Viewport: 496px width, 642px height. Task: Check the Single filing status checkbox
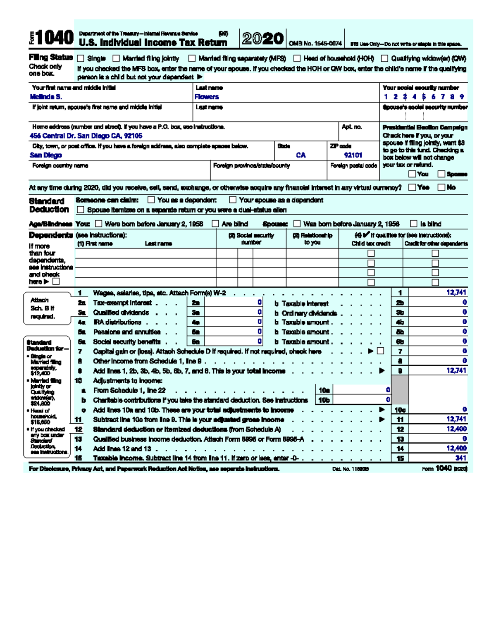(81, 59)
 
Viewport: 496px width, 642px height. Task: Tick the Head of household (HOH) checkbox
(297, 59)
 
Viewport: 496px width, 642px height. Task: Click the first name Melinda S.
(46, 97)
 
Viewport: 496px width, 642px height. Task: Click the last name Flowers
(207, 97)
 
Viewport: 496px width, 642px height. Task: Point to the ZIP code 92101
(353, 155)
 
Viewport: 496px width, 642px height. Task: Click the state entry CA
(301, 155)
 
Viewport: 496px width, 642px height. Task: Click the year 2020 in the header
(263, 39)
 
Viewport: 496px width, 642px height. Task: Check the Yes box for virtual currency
(412, 187)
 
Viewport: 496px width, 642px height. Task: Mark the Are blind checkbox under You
(215, 224)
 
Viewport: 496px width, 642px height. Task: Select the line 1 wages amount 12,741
(456, 292)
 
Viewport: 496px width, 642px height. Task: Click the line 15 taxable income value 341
(460, 458)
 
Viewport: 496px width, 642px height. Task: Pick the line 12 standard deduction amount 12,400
(456, 429)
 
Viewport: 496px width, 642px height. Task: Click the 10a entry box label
(324, 390)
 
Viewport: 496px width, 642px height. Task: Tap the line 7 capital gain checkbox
(381, 351)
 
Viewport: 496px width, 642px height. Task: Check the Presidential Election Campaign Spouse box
(441, 174)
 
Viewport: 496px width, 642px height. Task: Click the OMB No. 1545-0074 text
(315, 43)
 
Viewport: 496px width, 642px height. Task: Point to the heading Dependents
(51, 235)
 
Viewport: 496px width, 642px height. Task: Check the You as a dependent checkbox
(151, 200)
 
